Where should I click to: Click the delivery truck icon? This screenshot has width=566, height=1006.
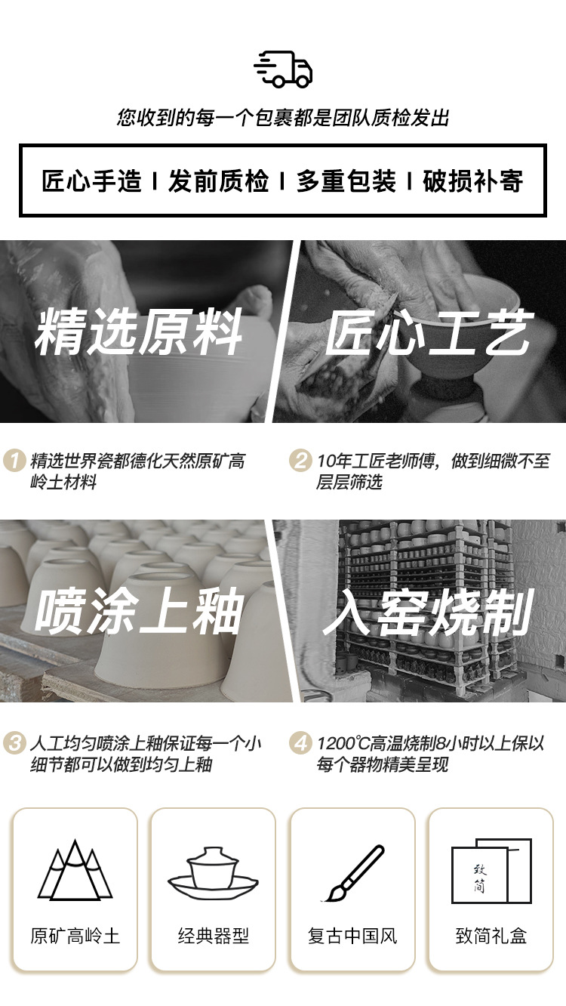point(283,69)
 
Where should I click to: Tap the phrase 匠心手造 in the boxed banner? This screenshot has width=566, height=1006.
point(91,181)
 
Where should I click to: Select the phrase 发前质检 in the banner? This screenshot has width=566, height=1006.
point(219,181)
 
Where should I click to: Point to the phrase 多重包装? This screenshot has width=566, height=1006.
point(346,181)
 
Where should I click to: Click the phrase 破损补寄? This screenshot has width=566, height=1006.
point(473,181)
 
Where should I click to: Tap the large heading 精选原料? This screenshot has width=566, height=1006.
point(138,332)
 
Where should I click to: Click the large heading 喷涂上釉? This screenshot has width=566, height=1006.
point(138,611)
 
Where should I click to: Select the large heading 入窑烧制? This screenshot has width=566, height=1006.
point(428,612)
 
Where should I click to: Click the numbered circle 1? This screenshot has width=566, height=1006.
point(14,461)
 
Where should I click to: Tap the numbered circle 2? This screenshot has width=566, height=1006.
point(300,461)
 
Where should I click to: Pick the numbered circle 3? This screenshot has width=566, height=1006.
point(14,743)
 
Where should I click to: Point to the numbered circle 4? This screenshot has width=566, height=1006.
point(300,743)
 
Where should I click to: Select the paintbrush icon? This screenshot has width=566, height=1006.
point(353,873)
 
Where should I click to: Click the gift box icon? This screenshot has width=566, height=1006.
point(491,871)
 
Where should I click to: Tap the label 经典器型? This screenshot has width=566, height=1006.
point(214,937)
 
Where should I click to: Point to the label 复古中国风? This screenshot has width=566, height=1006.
point(352,937)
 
